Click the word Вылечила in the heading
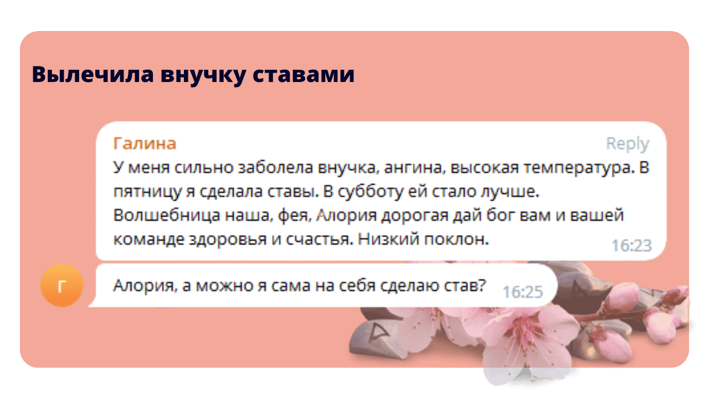(x=93, y=74)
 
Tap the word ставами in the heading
(x=304, y=75)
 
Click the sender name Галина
(x=145, y=144)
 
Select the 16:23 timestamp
(x=631, y=245)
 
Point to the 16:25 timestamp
(x=522, y=292)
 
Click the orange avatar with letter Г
(x=61, y=285)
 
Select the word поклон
(x=456, y=239)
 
